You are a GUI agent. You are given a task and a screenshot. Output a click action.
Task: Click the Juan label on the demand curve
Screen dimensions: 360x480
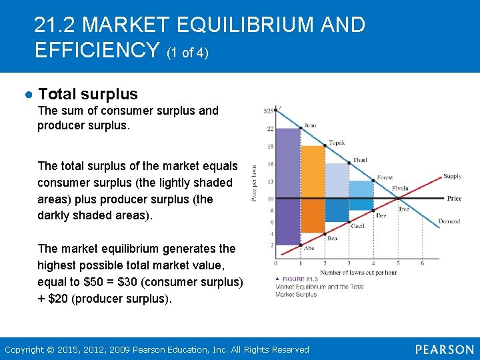click(310, 125)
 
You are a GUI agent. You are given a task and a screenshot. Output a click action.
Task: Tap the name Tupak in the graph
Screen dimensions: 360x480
click(337, 143)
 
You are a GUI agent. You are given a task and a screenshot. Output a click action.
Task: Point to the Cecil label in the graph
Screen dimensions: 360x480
click(358, 226)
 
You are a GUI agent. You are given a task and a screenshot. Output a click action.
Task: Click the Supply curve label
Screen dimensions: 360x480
click(452, 177)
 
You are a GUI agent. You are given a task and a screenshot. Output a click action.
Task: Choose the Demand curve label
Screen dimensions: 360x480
click(449, 221)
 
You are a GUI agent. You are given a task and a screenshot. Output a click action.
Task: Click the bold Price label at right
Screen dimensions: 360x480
click(454, 198)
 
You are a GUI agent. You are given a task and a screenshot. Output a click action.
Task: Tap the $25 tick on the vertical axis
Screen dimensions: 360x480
click(269, 111)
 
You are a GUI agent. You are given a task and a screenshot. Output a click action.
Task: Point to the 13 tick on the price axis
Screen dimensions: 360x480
click(271, 181)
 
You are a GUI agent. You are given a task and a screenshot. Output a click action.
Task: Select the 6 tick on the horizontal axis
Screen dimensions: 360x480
click(422, 263)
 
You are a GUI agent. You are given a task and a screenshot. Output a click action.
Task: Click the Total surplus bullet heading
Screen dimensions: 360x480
click(88, 94)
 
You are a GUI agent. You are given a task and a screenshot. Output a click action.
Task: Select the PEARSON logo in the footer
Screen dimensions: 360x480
click(444, 349)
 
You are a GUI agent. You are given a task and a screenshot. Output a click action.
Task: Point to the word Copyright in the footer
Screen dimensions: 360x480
click(24, 349)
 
